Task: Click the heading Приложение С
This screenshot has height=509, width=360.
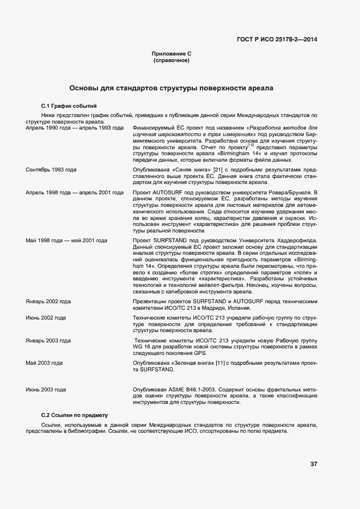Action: click(x=172, y=54)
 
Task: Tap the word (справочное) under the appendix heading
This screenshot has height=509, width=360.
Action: click(x=172, y=60)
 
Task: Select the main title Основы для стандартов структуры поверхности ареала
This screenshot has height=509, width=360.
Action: click(x=171, y=88)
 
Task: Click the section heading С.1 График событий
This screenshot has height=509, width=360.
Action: click(x=69, y=106)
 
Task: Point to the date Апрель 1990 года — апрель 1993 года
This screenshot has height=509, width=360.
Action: click(x=75, y=127)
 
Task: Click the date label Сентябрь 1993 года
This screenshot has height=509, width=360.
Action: click(x=51, y=170)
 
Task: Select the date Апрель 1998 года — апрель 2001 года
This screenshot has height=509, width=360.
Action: click(x=75, y=193)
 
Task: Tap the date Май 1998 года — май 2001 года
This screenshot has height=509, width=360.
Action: click(x=66, y=240)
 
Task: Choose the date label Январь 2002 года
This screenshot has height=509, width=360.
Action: click(x=48, y=301)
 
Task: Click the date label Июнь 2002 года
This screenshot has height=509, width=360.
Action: click(x=46, y=317)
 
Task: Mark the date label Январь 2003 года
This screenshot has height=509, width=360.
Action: click(x=48, y=341)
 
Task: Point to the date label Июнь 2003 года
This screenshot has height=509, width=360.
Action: click(x=46, y=390)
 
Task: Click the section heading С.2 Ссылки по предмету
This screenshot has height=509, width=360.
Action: click(x=75, y=415)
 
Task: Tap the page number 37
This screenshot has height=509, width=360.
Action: click(x=314, y=464)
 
